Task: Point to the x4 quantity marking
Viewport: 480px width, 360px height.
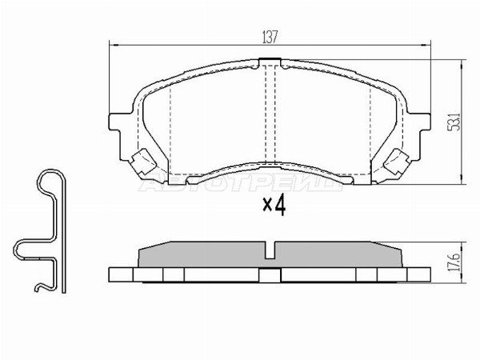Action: pyautogui.click(x=274, y=206)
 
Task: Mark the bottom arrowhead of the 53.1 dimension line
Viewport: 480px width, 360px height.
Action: pyautogui.click(x=466, y=182)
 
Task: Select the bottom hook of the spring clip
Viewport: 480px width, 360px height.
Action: pyautogui.click(x=40, y=284)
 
